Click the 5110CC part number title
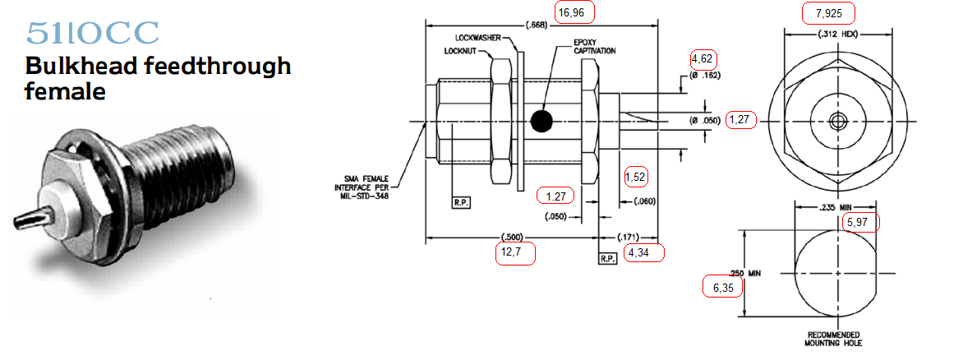pos(93,33)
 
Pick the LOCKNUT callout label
pos(460,51)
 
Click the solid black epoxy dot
pos(541,121)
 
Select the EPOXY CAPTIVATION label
pos(595,47)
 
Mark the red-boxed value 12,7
pos(515,253)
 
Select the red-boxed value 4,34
pos(644,252)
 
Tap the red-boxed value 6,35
pos(722,287)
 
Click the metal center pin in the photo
pos(30,217)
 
